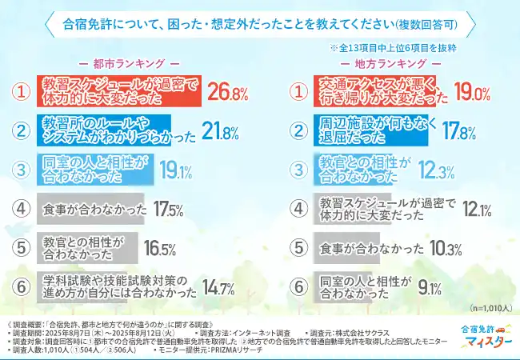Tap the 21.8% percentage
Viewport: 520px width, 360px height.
click(x=221, y=131)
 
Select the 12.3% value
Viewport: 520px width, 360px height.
click(x=438, y=170)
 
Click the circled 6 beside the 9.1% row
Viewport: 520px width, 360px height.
click(x=298, y=288)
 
